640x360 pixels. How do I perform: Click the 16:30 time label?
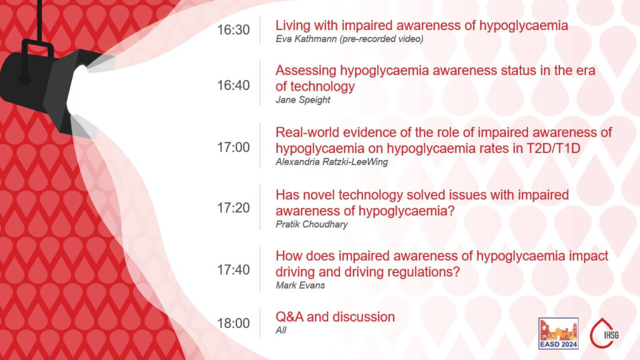pyautogui.click(x=233, y=30)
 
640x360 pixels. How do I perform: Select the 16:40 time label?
pyautogui.click(x=233, y=86)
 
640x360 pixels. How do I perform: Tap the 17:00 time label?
pyautogui.click(x=233, y=147)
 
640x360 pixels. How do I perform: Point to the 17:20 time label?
pyautogui.click(x=233, y=208)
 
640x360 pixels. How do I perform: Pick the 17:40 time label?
pyautogui.click(x=233, y=270)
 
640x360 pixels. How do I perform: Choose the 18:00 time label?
pyautogui.click(x=233, y=323)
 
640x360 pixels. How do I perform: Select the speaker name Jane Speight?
pyautogui.click(x=302, y=100)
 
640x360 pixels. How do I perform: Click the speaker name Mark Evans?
pyautogui.click(x=300, y=286)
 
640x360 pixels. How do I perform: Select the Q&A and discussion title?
pyautogui.click(x=335, y=317)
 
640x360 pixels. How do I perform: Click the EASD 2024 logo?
pyautogui.click(x=558, y=333)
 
